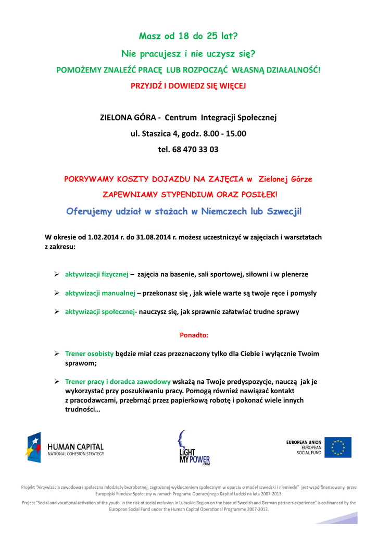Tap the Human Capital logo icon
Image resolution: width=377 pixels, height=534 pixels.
click(33, 447)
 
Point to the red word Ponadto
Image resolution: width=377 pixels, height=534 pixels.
click(194, 334)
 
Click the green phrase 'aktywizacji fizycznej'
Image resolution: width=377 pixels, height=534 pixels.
click(96, 274)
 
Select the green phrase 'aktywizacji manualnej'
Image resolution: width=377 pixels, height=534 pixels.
click(100, 293)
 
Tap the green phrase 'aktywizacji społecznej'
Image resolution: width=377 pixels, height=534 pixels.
click(99, 312)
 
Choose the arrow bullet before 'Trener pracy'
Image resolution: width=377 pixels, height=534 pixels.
click(57, 381)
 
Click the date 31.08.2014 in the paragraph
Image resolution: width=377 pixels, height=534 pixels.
click(157, 237)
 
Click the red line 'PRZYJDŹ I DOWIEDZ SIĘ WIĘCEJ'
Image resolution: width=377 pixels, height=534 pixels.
click(188, 86)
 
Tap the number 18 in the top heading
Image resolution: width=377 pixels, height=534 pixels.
click(183, 36)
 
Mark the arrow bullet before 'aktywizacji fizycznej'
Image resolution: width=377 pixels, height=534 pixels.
click(57, 274)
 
